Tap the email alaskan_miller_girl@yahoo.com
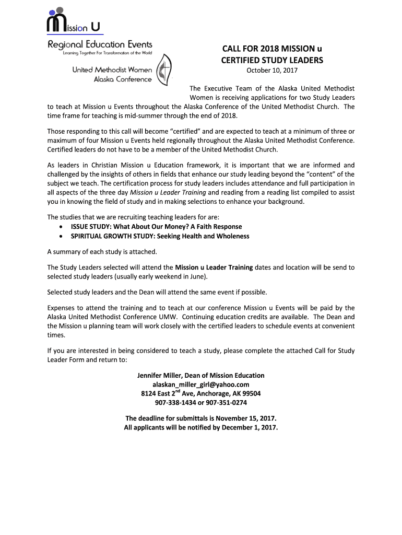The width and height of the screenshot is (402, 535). [200, 385]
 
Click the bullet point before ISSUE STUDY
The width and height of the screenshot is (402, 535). [63, 227]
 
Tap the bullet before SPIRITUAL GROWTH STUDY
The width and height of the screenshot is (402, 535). [63, 236]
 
